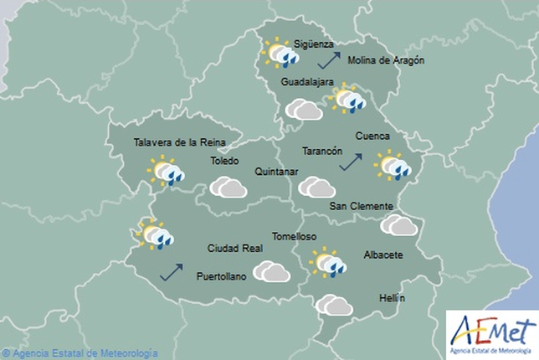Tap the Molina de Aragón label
click(x=387, y=60)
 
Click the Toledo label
click(x=224, y=161)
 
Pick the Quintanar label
click(x=277, y=172)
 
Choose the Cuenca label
click(x=372, y=136)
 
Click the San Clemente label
click(x=361, y=206)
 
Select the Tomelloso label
click(x=295, y=235)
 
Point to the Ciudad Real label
click(x=235, y=248)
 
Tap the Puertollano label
click(x=221, y=276)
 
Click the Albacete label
click(x=384, y=255)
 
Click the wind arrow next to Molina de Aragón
click(x=330, y=59)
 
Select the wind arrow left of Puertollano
click(x=172, y=271)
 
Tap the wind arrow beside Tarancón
click(x=351, y=161)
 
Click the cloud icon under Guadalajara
click(x=304, y=110)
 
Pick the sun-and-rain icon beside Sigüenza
click(x=280, y=54)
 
